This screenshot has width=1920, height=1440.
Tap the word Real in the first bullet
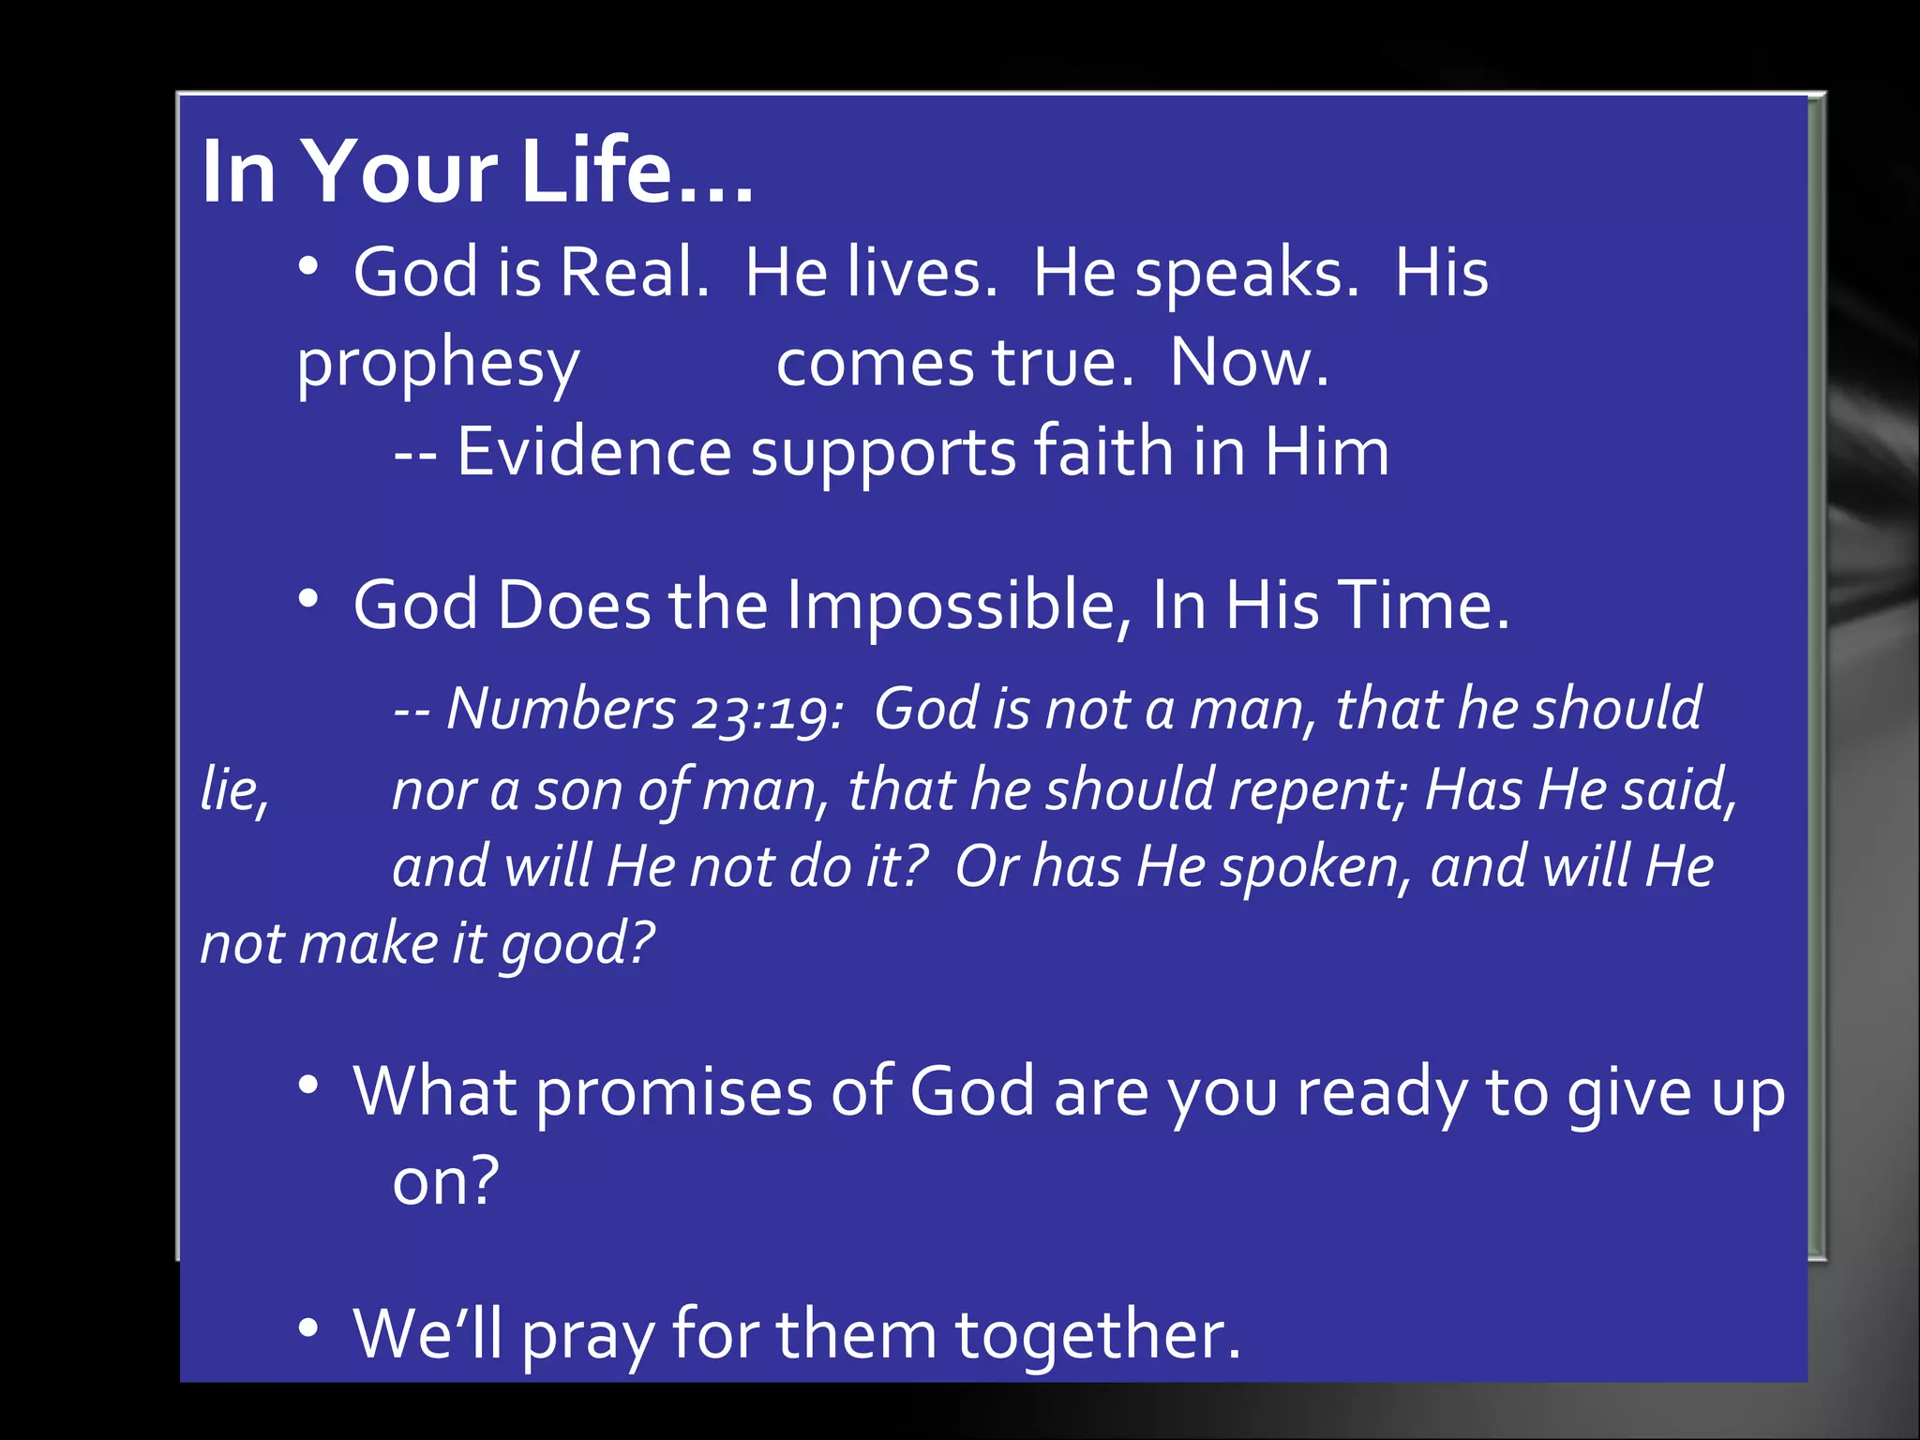tap(634, 273)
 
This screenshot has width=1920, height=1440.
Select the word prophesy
tap(438, 364)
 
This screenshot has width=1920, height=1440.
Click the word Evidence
tap(593, 453)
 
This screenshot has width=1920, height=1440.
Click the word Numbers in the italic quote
tap(560, 709)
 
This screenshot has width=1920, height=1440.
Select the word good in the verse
tap(576, 944)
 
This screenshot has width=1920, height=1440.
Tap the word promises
tap(674, 1092)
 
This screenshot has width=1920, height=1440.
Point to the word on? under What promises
tap(445, 1181)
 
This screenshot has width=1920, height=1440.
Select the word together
tap(1097, 1335)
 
